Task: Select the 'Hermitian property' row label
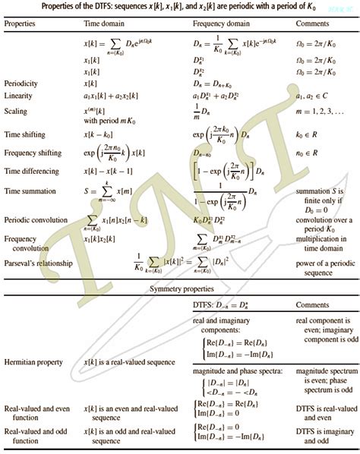coord(35,362)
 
